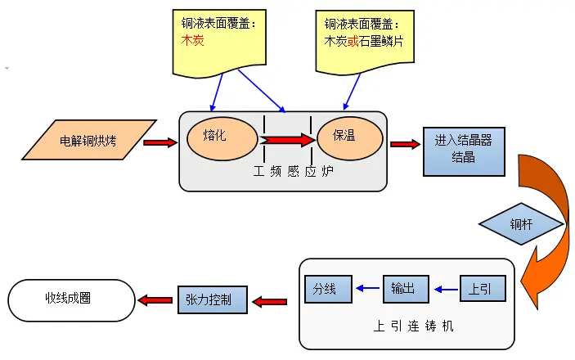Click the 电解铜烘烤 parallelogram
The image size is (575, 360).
click(x=88, y=141)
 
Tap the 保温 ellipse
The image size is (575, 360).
click(x=349, y=139)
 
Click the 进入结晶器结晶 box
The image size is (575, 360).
click(x=463, y=151)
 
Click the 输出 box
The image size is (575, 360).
click(x=403, y=288)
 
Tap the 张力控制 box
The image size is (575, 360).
click(x=210, y=299)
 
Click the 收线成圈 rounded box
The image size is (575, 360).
click(x=70, y=299)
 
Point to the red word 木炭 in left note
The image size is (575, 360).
click(x=192, y=40)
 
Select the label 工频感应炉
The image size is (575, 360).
click(x=283, y=173)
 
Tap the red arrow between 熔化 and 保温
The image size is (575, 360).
click(x=288, y=140)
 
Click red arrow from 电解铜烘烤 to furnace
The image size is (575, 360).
click(x=159, y=143)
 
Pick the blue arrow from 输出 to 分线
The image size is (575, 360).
click(x=366, y=289)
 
